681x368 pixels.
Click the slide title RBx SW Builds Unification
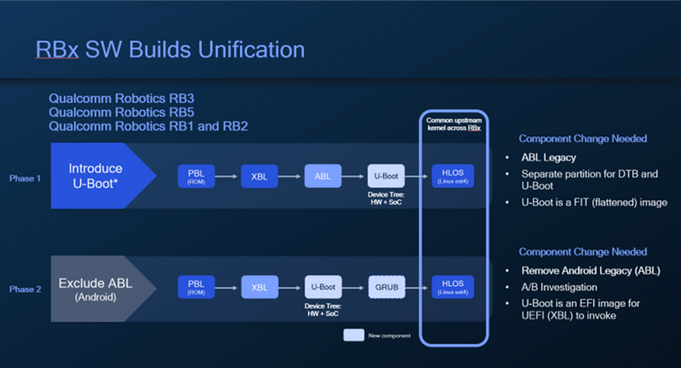point(170,50)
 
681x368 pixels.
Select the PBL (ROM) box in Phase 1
point(197,176)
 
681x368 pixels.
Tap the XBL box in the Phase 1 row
point(259,176)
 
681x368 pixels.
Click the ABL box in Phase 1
point(323,176)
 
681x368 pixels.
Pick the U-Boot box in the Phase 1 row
point(387,176)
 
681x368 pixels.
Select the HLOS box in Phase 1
point(453,176)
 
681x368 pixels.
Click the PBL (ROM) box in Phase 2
point(197,287)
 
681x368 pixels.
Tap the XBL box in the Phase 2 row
point(259,287)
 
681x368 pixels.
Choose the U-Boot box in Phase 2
point(323,287)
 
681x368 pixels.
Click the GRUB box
point(387,287)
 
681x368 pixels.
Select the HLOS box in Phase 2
point(453,287)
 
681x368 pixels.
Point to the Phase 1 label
point(23,177)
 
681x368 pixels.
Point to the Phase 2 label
point(23,289)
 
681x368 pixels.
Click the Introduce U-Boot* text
point(95,176)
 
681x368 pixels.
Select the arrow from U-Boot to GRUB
point(355,287)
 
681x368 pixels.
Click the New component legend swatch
point(354,335)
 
